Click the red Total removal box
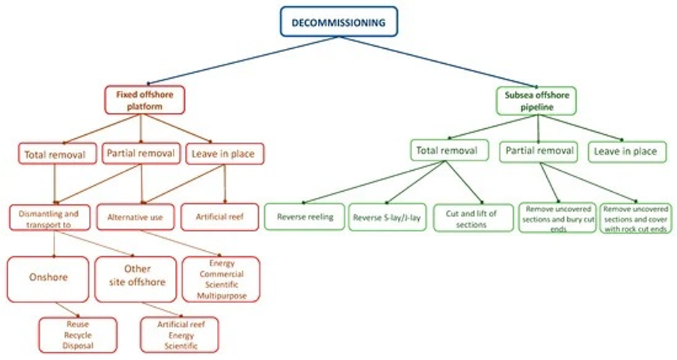(x=55, y=155)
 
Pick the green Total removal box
(x=445, y=151)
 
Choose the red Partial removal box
(x=141, y=153)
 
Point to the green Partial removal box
(x=539, y=151)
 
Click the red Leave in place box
(x=224, y=154)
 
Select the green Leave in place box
(x=625, y=151)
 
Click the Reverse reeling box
(x=304, y=218)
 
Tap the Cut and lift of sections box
(x=472, y=218)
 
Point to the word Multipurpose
(x=221, y=296)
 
